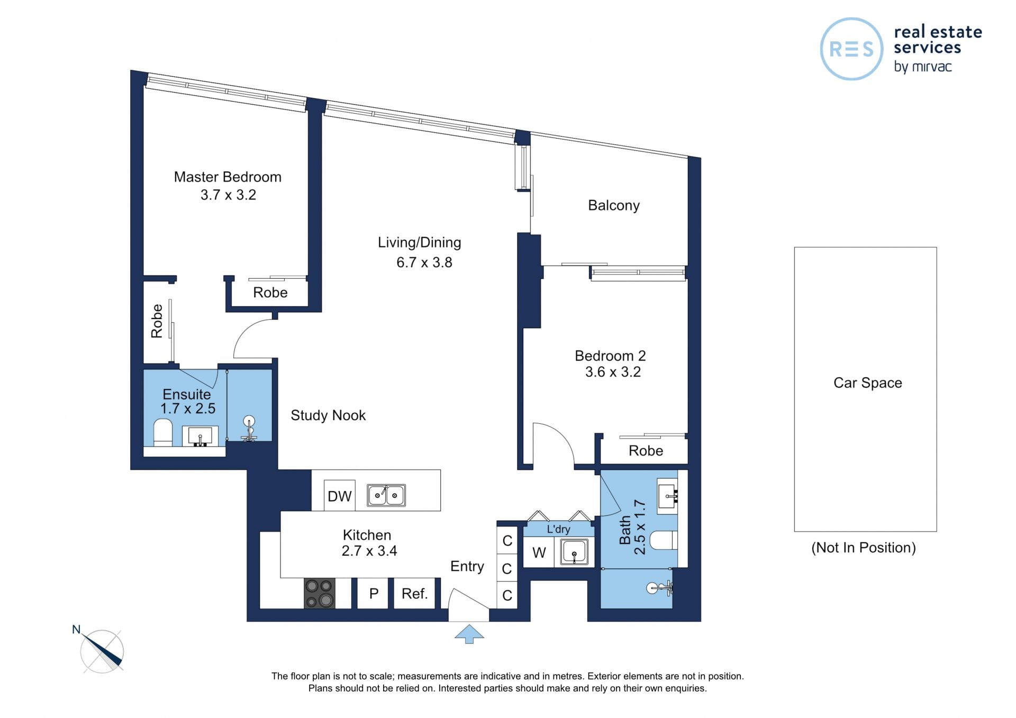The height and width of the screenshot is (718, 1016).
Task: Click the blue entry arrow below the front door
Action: coord(469,633)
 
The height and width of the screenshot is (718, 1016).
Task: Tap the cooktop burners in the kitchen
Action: coord(320,593)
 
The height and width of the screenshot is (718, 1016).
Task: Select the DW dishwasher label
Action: coord(339,496)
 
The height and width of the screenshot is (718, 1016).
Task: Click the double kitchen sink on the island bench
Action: coord(386,495)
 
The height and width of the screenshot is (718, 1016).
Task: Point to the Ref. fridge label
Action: coord(414,594)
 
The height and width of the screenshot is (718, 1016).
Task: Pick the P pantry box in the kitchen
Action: coord(374,594)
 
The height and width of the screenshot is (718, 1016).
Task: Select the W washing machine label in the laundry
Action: coord(539,553)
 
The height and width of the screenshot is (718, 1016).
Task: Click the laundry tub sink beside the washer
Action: coord(574,552)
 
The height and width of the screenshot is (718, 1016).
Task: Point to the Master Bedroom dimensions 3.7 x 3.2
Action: coord(228,195)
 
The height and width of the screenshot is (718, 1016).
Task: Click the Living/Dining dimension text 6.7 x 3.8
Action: coord(424,262)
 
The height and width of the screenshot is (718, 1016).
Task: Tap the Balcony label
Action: coord(614,205)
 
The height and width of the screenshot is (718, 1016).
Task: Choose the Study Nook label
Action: coord(328,415)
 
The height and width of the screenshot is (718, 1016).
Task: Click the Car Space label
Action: coord(868,383)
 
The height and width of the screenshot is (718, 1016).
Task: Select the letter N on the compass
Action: coord(76,630)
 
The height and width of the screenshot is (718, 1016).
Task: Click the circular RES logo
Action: coord(851,49)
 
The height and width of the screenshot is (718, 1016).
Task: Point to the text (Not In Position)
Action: coord(864,548)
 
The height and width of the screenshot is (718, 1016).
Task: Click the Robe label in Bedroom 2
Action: coord(646,451)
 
